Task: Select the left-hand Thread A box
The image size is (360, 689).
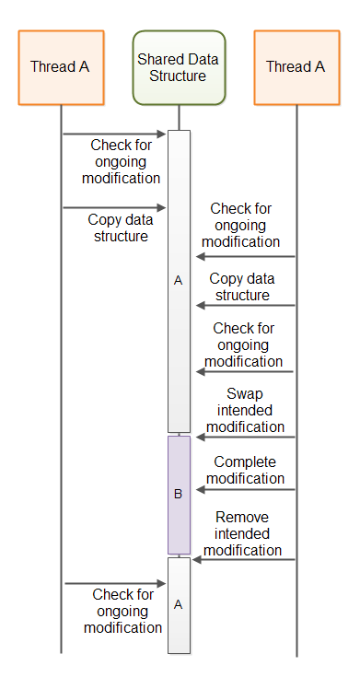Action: coord(61,66)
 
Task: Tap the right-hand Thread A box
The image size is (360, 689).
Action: coord(296,66)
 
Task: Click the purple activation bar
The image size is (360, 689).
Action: coord(179,495)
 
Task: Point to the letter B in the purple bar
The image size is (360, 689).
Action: coord(179,494)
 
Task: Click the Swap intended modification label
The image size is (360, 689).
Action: coord(245,410)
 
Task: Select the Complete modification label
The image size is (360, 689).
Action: coord(245,470)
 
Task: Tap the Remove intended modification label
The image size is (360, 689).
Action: coord(243,534)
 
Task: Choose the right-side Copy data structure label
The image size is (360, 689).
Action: coord(241,286)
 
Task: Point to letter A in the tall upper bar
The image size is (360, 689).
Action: coord(179,279)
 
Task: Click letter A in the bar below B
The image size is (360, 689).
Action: coord(179,604)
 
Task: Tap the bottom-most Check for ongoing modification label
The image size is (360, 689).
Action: coord(122,611)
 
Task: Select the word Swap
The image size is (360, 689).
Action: coord(245,393)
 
